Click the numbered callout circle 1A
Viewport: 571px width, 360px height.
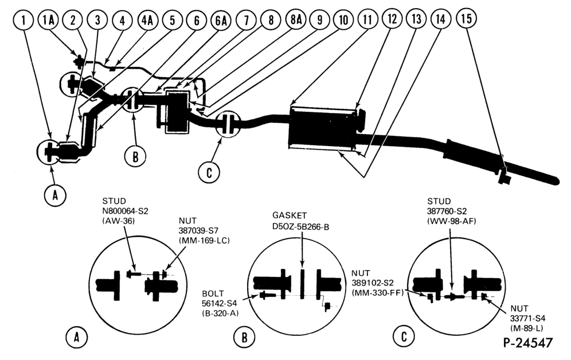(x=48, y=19)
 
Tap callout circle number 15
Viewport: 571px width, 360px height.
(x=466, y=18)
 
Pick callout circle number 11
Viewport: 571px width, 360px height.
(x=368, y=19)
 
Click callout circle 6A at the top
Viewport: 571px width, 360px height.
(x=221, y=21)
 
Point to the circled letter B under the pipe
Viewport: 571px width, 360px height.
(x=135, y=157)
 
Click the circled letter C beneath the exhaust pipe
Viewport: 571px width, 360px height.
(x=209, y=172)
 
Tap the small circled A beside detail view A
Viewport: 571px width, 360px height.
(x=76, y=338)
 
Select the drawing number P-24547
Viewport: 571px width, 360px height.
(x=528, y=343)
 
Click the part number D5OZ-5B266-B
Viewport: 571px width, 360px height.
(x=301, y=226)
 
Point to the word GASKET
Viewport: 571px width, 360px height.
(x=290, y=215)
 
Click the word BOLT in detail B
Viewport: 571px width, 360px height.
(x=213, y=294)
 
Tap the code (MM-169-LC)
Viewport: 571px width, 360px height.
(x=204, y=241)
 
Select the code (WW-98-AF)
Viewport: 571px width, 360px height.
(x=452, y=221)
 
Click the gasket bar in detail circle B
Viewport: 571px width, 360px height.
(x=302, y=284)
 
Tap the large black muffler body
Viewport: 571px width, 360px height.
(x=322, y=128)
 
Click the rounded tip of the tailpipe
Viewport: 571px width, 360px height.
(x=556, y=181)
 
